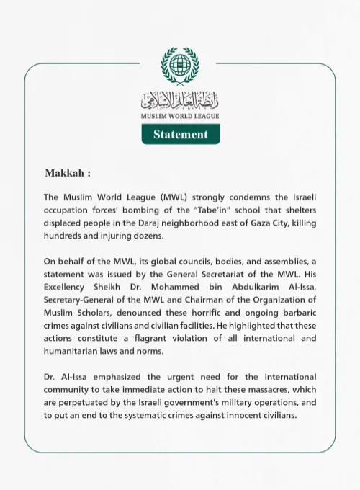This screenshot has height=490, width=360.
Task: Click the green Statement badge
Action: tap(180, 134)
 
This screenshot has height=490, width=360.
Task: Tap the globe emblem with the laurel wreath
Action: tap(180, 66)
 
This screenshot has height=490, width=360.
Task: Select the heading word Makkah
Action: tap(66, 174)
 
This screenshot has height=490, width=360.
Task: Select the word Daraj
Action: tap(170, 223)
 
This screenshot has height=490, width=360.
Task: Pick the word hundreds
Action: tap(68, 236)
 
